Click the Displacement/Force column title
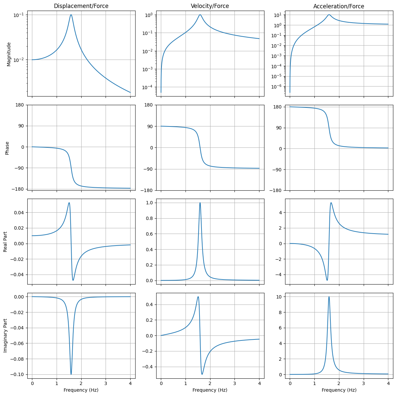click(81, 6)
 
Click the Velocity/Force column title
click(210, 6)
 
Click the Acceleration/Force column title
click(339, 6)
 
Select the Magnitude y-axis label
click(9, 54)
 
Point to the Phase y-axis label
click(7, 148)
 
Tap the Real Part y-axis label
click(6, 242)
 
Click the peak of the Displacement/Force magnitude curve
click(71, 15)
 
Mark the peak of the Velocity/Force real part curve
click(200, 203)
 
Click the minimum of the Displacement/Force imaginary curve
click(71, 374)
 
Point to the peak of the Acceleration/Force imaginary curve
click(329, 297)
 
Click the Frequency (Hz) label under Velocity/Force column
click(210, 390)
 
